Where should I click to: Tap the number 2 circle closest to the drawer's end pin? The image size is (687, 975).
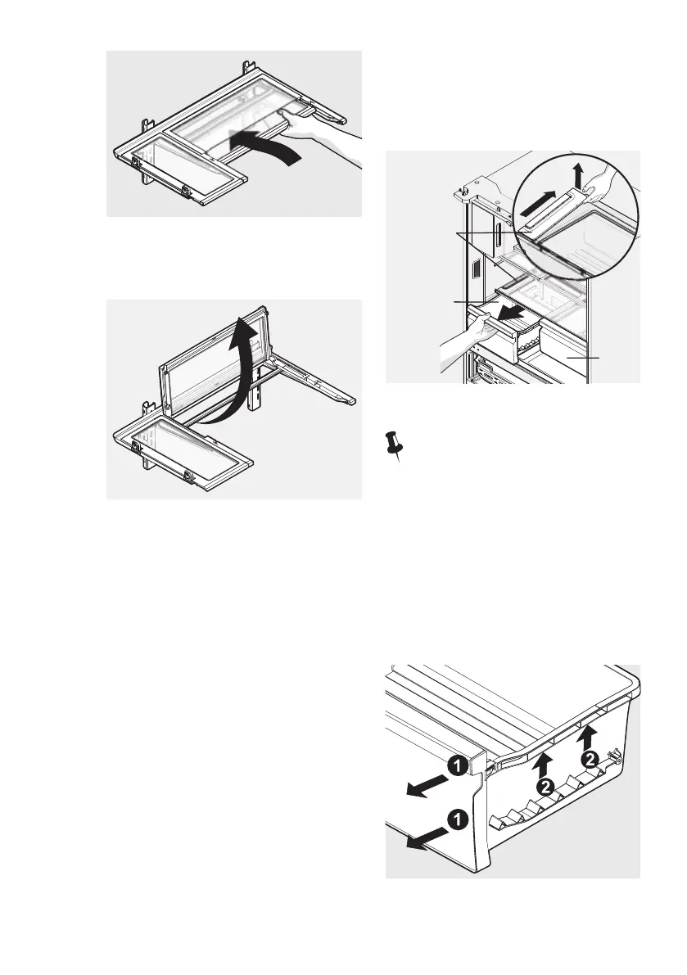(x=588, y=760)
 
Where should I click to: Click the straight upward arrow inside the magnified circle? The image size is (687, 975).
(x=579, y=174)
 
